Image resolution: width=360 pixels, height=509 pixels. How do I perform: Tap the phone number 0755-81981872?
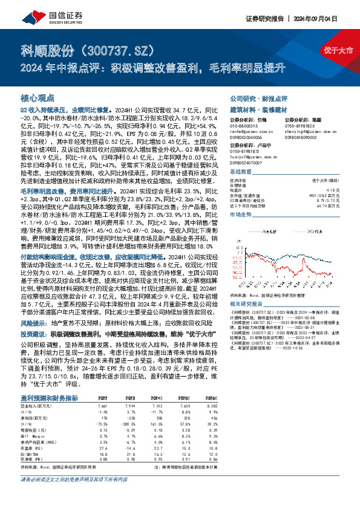[246, 151]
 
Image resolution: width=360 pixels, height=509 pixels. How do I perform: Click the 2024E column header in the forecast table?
[157, 381]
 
